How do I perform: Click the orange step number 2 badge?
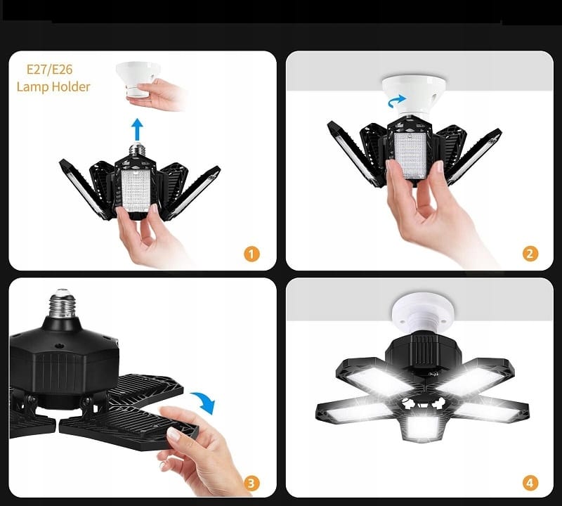(x=530, y=254)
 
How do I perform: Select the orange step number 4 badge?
(x=530, y=483)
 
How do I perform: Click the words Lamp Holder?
(x=53, y=87)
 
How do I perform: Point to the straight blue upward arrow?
(x=138, y=130)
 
